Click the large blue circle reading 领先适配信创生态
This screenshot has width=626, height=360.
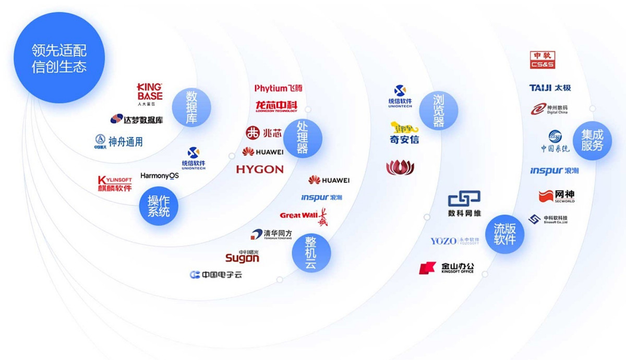(x=59, y=58)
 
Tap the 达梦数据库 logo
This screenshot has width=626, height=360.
(x=137, y=119)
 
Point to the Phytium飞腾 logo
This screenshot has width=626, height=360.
(x=278, y=88)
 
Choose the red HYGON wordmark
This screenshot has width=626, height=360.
(x=260, y=169)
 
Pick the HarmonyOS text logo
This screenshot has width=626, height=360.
(x=160, y=176)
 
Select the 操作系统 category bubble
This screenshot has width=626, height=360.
(x=159, y=206)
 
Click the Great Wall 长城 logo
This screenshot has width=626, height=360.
(x=303, y=215)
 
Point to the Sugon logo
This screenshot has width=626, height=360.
(x=242, y=256)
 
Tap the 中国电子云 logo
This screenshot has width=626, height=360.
(x=216, y=274)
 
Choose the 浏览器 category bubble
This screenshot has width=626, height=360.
(x=438, y=111)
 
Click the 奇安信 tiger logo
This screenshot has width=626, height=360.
(x=404, y=133)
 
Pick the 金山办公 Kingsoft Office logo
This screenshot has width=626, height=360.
(x=447, y=268)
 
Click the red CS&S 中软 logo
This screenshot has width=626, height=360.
(x=543, y=60)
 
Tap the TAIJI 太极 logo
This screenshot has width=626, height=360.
(x=550, y=88)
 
